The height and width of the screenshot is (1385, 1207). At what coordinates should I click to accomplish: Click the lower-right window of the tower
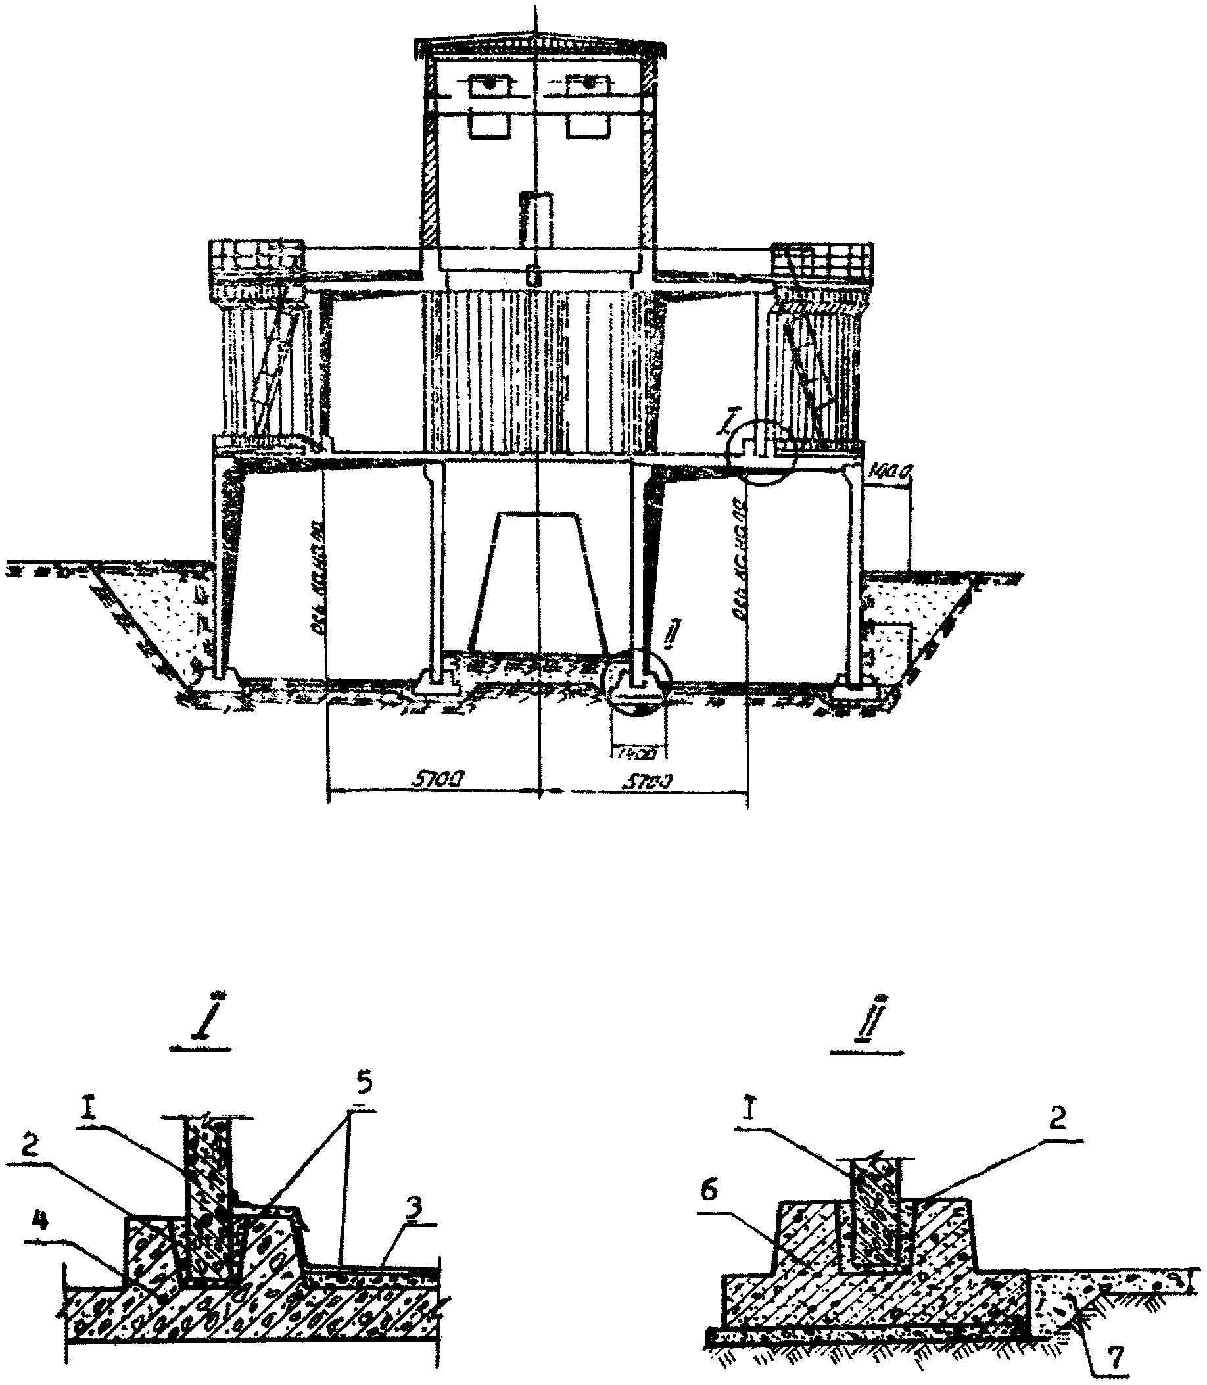(x=587, y=126)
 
